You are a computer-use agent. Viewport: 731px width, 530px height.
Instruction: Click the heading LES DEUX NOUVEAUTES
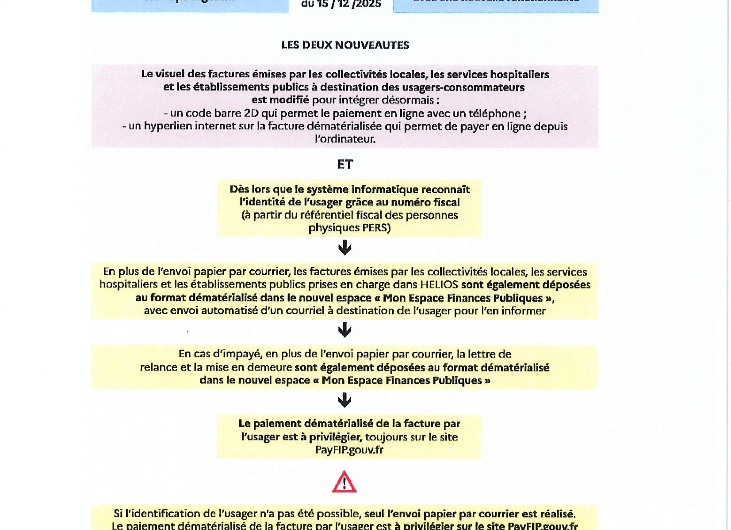click(345, 45)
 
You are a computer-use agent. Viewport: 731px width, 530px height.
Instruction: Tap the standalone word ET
click(345, 164)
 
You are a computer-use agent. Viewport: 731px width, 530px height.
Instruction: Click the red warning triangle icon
click(344, 482)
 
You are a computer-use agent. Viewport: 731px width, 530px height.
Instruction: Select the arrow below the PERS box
click(344, 247)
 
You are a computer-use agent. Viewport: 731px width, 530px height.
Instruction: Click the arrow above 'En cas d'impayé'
click(344, 329)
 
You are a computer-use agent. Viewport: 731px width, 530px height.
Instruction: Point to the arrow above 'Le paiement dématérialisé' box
click(344, 400)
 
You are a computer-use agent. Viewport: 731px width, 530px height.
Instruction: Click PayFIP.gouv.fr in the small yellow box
click(349, 450)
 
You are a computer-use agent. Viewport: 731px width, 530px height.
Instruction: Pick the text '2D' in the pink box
click(251, 114)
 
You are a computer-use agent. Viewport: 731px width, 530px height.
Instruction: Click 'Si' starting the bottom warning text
click(118, 514)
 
